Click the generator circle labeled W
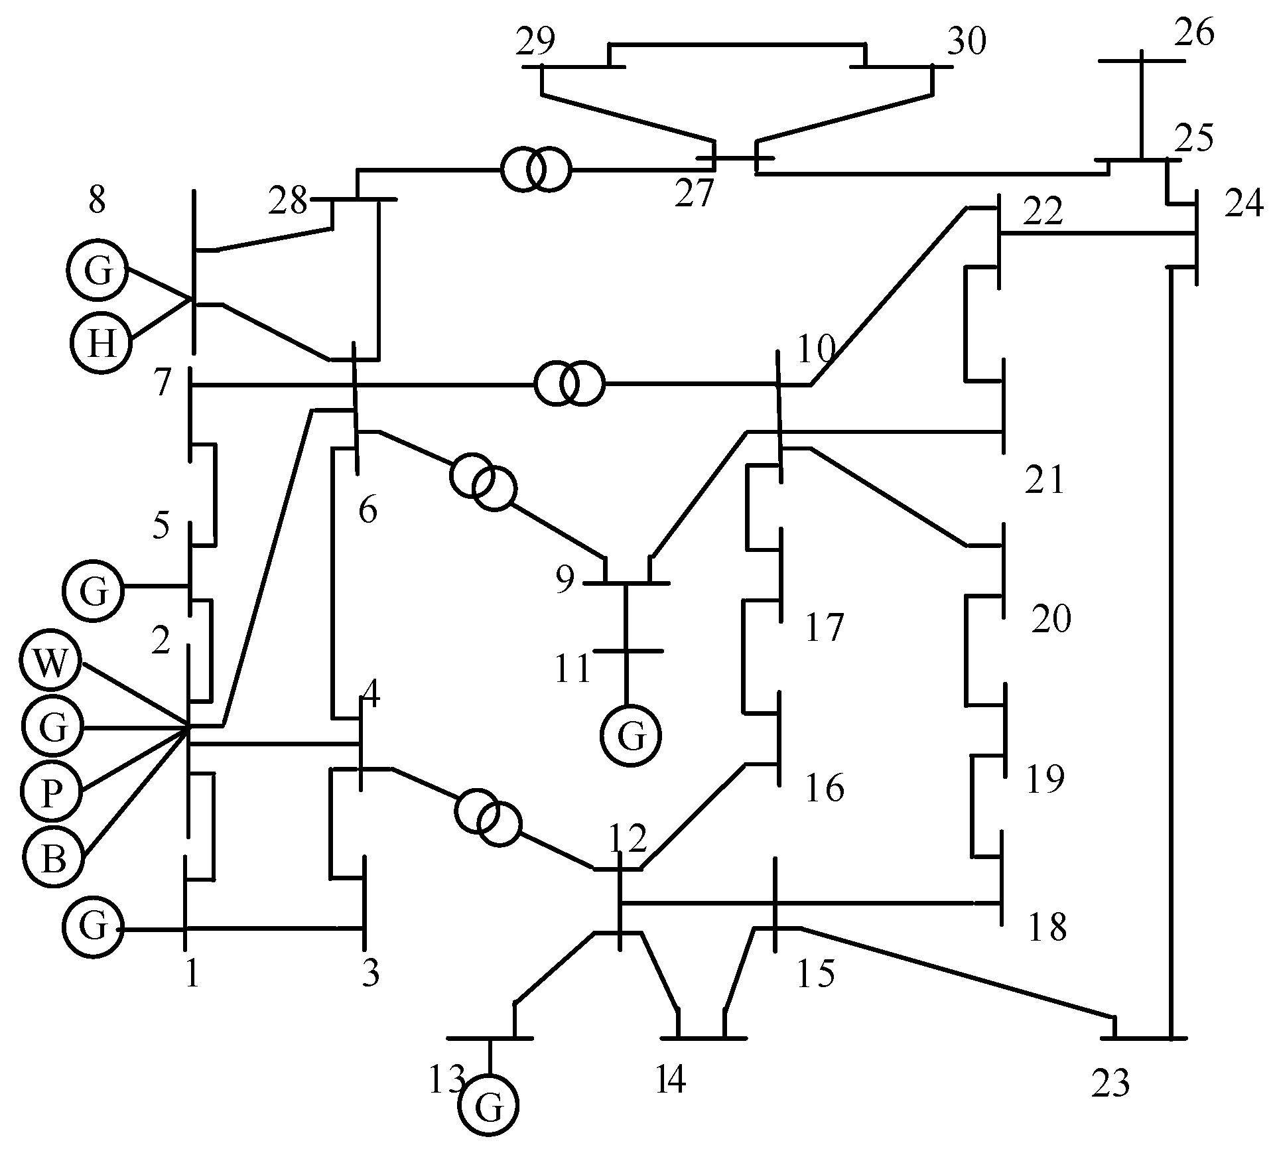[x=51, y=664]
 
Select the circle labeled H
[x=100, y=343]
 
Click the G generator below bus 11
[x=631, y=736]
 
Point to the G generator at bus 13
[x=489, y=1105]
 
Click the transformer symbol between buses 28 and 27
[x=535, y=170]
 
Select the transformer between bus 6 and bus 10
[x=570, y=383]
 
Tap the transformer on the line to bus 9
[x=482, y=482]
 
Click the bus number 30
[x=966, y=42]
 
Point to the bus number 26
[x=1194, y=33]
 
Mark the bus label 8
[x=98, y=200]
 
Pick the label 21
[x=1045, y=480]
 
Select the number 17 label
[x=825, y=628]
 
